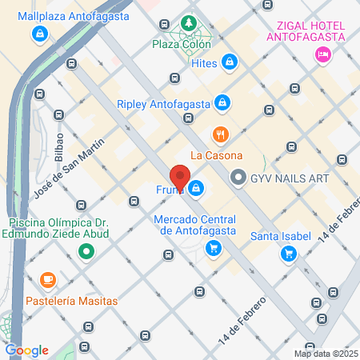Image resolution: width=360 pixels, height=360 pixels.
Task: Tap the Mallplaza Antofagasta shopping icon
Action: tap(39, 34)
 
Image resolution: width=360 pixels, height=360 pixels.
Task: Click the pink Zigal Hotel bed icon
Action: tap(323, 54)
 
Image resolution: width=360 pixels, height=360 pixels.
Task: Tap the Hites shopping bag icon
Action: tap(230, 61)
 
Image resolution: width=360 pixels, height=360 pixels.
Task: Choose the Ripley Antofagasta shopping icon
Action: tap(223, 102)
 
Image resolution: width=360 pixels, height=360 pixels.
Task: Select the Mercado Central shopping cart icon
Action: tap(213, 248)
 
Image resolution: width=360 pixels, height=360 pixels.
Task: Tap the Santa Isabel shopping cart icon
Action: tap(288, 254)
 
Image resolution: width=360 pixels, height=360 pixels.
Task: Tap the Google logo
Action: tap(26, 350)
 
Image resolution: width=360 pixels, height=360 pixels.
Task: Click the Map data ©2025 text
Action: tap(326, 354)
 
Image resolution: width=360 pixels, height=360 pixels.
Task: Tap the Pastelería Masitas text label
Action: tap(72, 301)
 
